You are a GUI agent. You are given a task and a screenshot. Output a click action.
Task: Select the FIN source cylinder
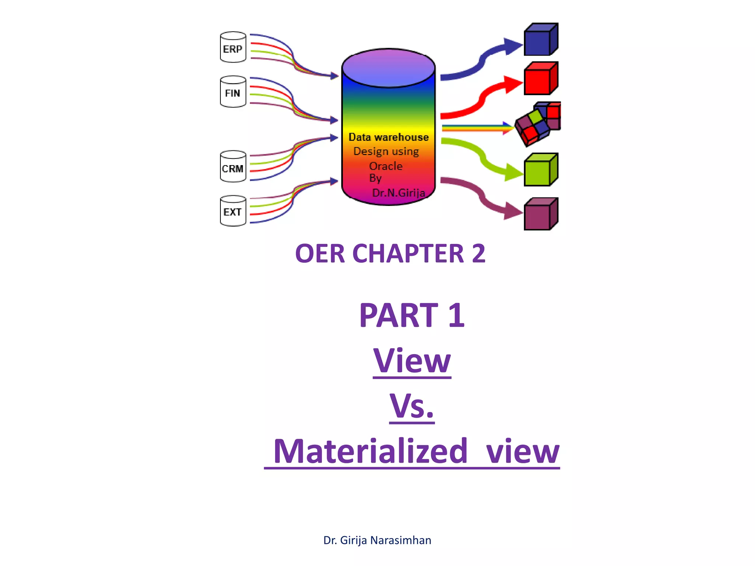click(233, 92)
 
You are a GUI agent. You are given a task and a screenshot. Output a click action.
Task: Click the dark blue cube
click(540, 40)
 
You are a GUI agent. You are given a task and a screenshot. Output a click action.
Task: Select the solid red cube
click(540, 78)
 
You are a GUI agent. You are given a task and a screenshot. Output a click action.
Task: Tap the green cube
click(540, 170)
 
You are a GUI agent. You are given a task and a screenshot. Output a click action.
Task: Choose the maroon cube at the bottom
click(540, 214)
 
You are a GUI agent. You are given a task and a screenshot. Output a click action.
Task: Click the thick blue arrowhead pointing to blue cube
click(512, 46)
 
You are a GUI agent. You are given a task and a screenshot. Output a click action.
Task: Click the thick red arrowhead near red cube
click(512, 84)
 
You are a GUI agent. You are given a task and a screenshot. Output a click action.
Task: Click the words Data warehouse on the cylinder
click(389, 137)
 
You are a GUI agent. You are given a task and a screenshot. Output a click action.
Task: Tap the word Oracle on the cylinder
click(386, 166)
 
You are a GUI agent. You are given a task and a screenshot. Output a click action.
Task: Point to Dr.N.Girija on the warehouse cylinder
click(398, 193)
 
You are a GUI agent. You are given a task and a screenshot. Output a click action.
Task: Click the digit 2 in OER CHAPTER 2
click(479, 254)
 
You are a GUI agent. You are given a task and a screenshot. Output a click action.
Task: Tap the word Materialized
click(370, 451)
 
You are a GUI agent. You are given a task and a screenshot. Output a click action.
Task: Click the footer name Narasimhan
click(400, 540)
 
